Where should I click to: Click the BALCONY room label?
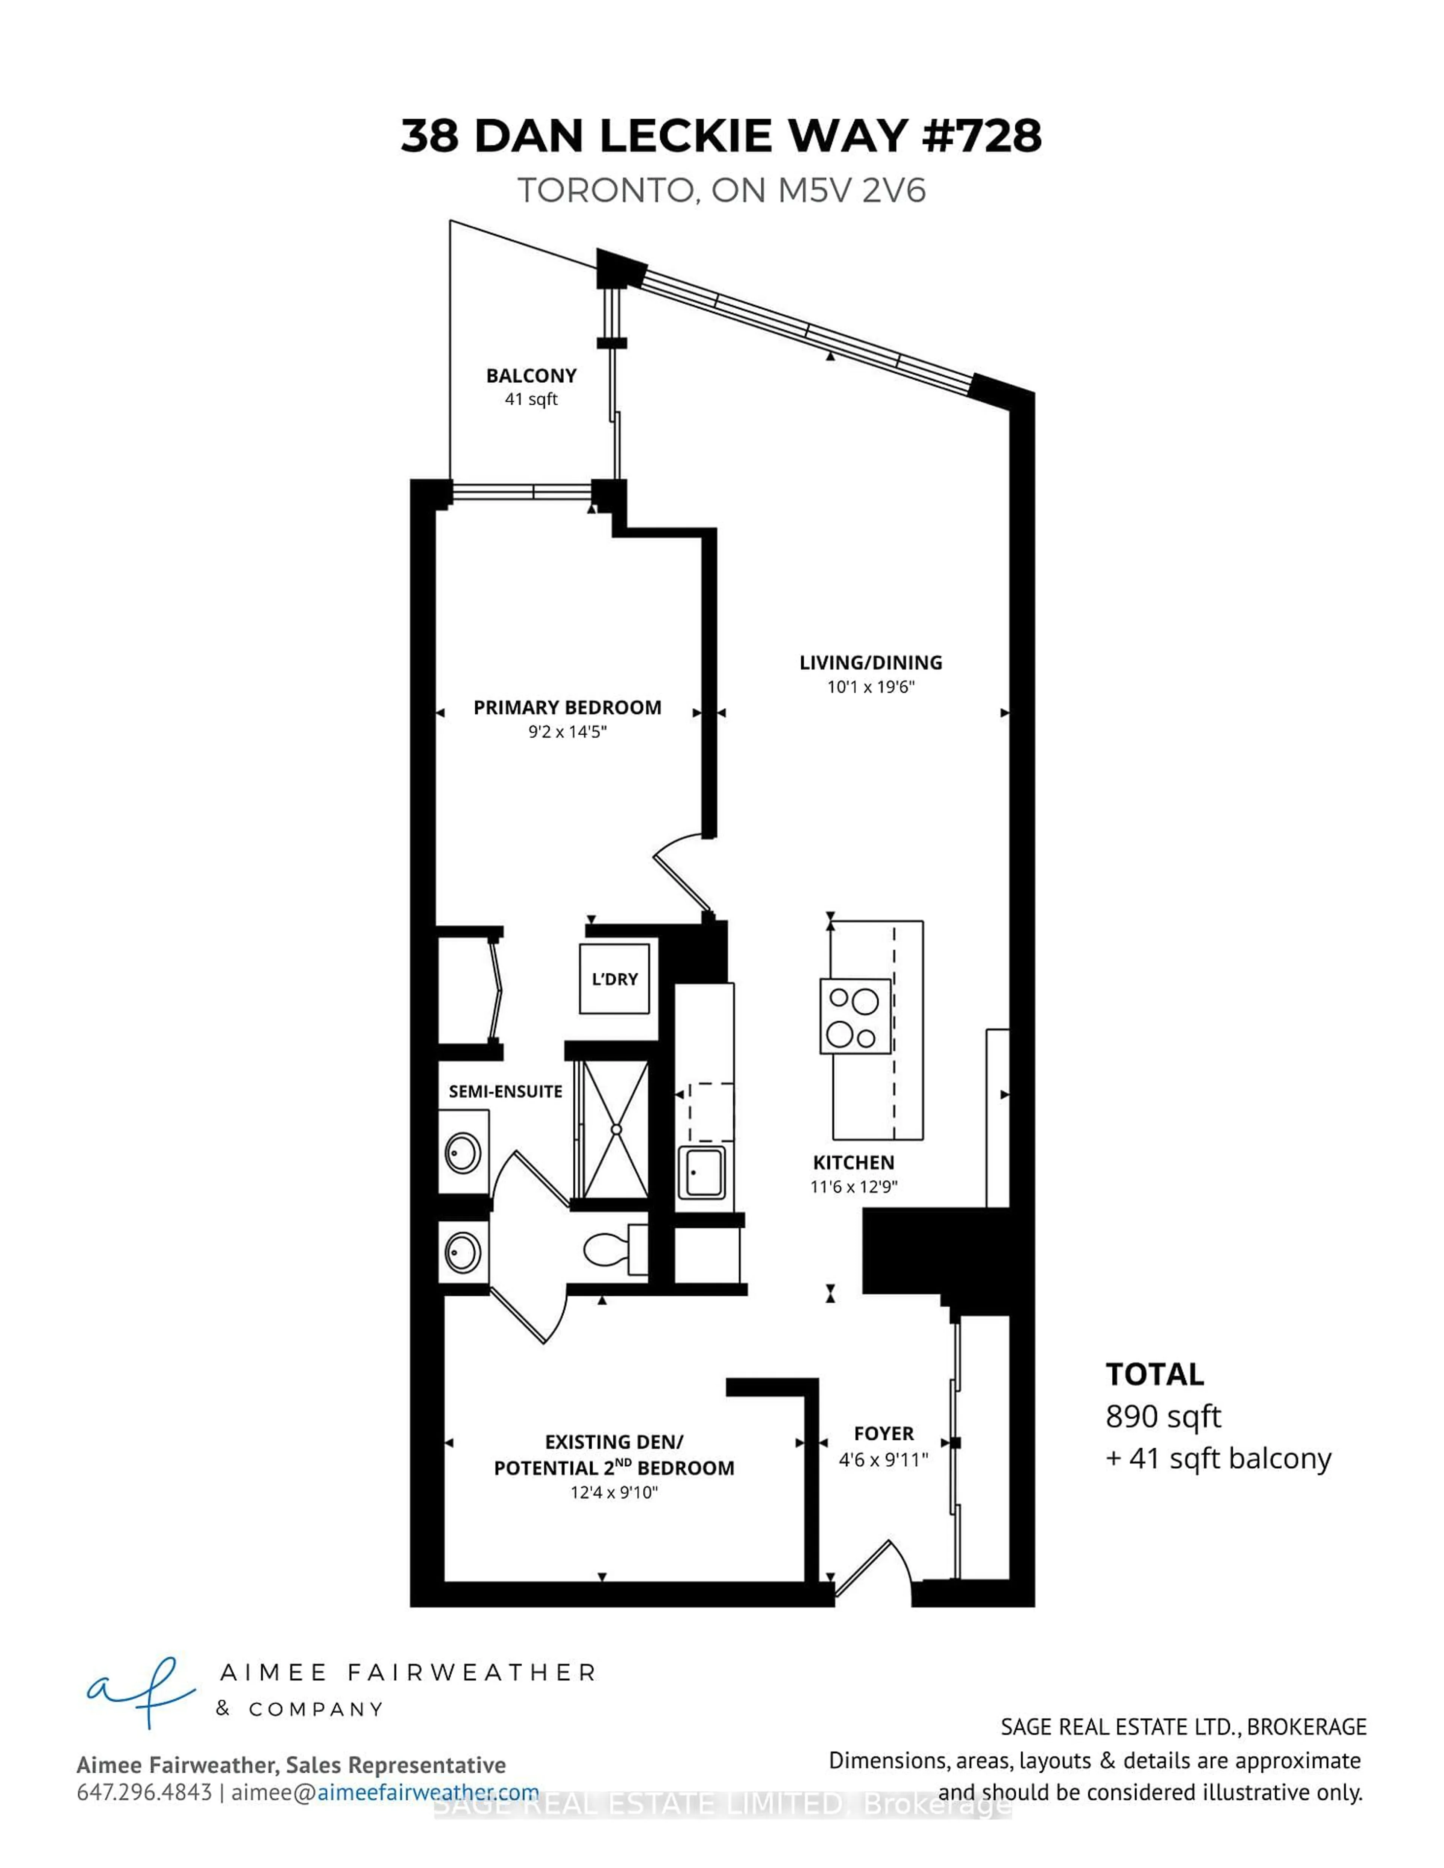point(531,376)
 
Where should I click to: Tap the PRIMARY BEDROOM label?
point(567,707)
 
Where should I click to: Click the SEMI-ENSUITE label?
point(505,1092)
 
